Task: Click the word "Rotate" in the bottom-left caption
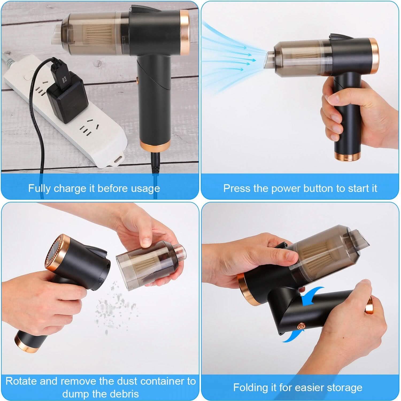tap(21, 381)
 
